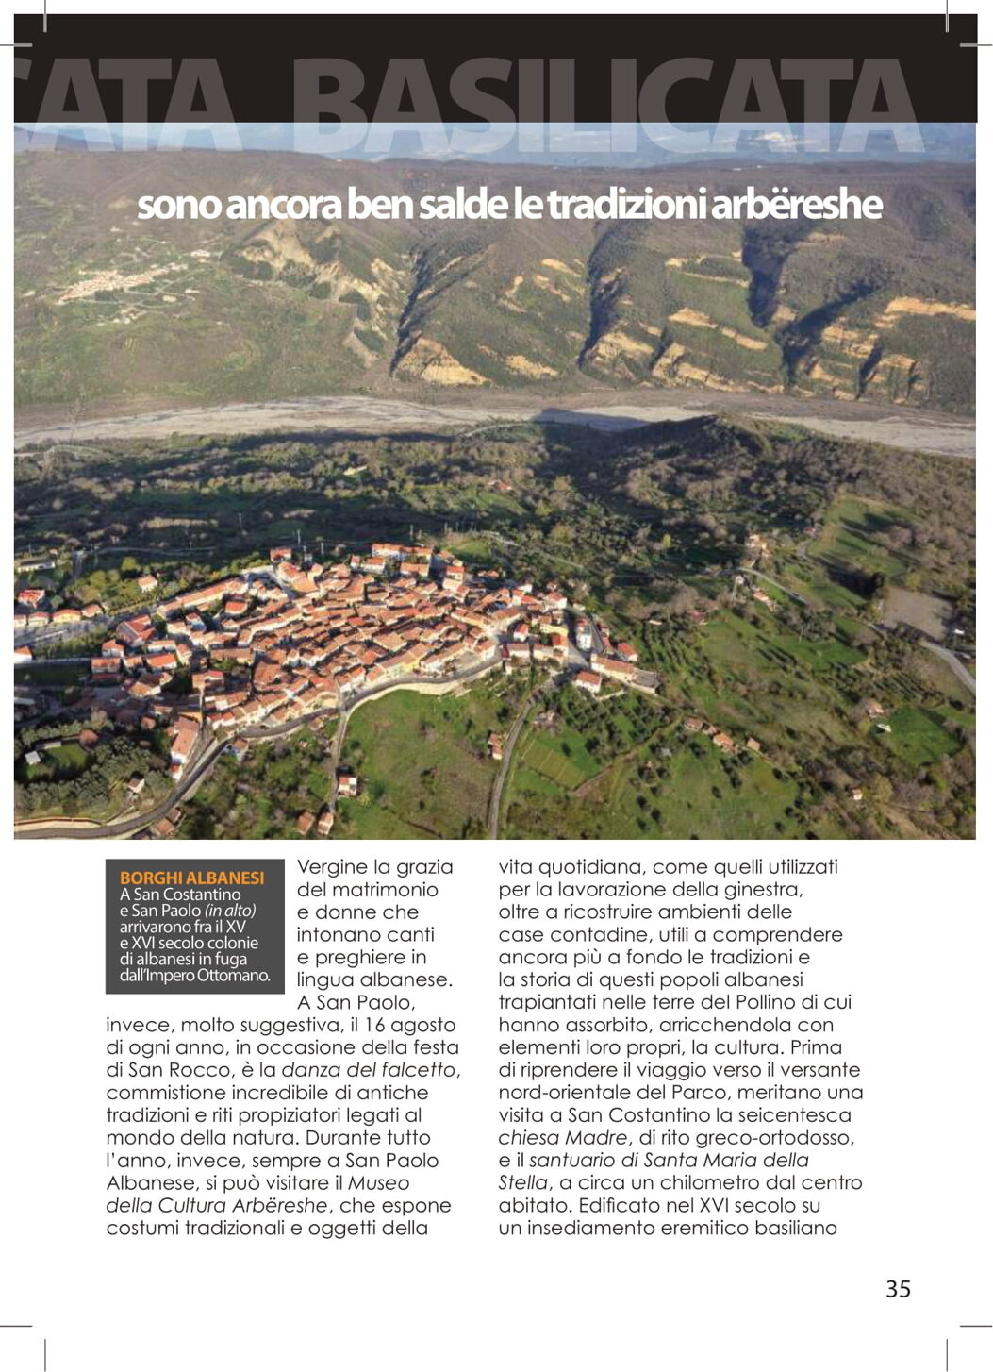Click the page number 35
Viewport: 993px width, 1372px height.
click(x=898, y=1289)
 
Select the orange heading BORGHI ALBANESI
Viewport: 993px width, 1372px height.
click(x=191, y=878)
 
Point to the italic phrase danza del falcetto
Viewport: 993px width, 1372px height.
click(x=369, y=1070)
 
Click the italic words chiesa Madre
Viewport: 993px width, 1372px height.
click(x=563, y=1138)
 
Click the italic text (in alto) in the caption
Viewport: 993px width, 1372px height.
click(x=230, y=911)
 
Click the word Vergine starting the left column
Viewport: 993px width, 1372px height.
click(x=331, y=867)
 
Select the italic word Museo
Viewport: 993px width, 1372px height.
click(x=379, y=1183)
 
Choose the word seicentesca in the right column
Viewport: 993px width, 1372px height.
click(x=800, y=1115)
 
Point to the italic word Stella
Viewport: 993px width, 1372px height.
click(x=522, y=1183)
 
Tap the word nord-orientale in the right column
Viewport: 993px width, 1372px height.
click(x=565, y=1093)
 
